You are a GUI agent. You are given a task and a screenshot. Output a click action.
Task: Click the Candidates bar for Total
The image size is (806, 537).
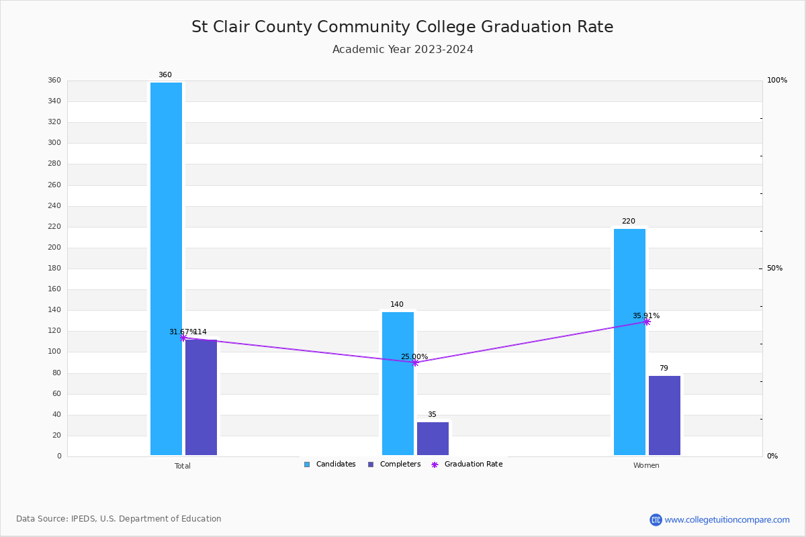click(x=166, y=268)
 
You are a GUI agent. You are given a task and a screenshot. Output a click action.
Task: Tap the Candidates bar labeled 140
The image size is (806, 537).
click(x=398, y=383)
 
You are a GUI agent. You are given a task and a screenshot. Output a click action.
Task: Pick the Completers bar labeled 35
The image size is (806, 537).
click(x=433, y=438)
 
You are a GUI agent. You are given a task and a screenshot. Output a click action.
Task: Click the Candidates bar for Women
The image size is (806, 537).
click(x=629, y=342)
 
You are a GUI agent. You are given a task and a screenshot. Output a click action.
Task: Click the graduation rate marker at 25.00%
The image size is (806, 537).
click(x=415, y=362)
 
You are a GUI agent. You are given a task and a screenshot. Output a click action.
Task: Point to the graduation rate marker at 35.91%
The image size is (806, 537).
click(x=647, y=322)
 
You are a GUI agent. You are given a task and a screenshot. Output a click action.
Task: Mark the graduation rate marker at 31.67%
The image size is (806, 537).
click(x=183, y=338)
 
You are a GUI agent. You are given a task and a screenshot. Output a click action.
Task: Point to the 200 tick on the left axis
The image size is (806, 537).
click(x=54, y=248)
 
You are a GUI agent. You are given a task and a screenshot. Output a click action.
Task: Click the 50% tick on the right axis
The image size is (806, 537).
click(x=774, y=268)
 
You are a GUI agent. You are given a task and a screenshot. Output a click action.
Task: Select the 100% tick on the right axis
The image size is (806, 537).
click(x=776, y=81)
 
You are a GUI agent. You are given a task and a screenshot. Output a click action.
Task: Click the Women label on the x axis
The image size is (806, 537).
click(x=646, y=466)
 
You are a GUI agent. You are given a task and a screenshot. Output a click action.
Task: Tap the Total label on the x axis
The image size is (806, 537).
click(x=183, y=466)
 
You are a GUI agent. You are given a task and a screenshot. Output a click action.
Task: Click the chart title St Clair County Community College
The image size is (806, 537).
click(x=402, y=28)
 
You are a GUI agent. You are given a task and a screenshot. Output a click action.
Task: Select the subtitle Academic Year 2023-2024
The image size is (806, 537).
click(x=402, y=50)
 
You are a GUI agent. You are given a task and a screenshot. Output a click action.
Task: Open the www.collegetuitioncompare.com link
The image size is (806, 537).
click(x=727, y=520)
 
